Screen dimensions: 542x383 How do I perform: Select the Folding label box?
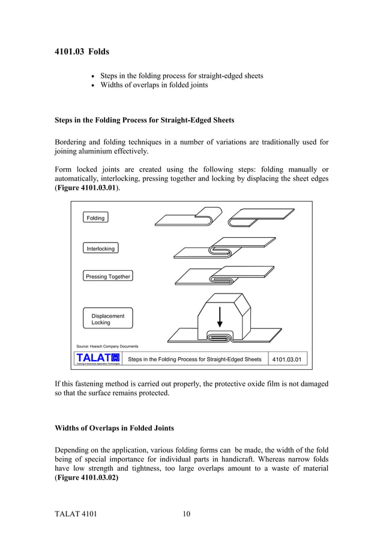click(95, 218)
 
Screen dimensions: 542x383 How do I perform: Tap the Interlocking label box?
click(100, 248)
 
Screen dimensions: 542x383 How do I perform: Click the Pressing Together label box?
click(107, 277)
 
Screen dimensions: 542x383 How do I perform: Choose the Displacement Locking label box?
click(108, 319)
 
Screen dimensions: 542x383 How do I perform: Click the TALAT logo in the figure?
click(98, 358)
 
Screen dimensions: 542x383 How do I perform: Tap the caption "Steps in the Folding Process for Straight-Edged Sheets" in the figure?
click(195, 359)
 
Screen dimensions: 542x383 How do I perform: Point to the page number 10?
click(186, 514)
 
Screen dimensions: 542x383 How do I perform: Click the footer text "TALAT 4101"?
click(76, 514)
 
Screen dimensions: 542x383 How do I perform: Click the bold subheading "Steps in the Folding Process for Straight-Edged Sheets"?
click(144, 120)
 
